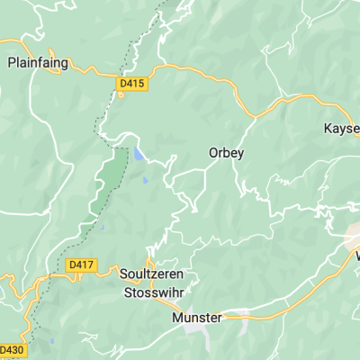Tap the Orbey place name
tap(226, 153)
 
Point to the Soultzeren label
tap(154, 271)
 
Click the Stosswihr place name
tap(153, 292)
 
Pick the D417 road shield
tap(80, 265)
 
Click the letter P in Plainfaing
tap(11, 63)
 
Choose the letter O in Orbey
tap(212, 153)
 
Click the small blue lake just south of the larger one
tap(145, 180)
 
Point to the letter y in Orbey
tap(240, 154)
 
